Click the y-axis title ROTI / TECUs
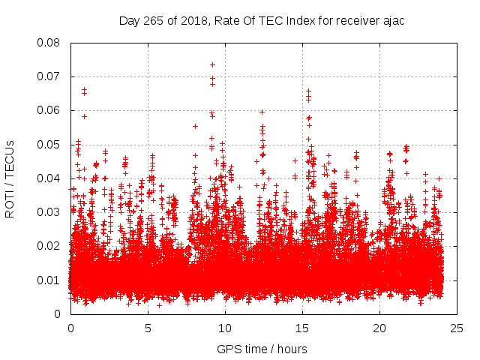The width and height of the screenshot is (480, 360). [10, 178]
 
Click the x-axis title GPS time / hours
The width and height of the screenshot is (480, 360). [262, 349]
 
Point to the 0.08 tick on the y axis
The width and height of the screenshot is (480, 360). [50, 43]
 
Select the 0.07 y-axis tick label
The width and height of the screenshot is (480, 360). [50, 76]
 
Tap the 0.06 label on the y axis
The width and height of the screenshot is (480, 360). [50, 110]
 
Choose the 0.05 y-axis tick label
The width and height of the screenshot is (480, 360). [50, 144]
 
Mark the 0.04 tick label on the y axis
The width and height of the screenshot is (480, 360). [50, 178]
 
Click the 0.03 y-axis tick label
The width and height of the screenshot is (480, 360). [50, 212]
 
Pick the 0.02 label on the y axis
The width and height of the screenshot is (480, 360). [50, 246]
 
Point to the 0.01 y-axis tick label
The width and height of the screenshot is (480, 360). [50, 280]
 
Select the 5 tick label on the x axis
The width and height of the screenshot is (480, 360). [148, 328]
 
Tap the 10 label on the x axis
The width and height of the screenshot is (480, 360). [226, 328]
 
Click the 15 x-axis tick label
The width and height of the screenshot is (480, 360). [303, 328]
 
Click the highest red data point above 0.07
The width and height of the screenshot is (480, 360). [212, 64]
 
